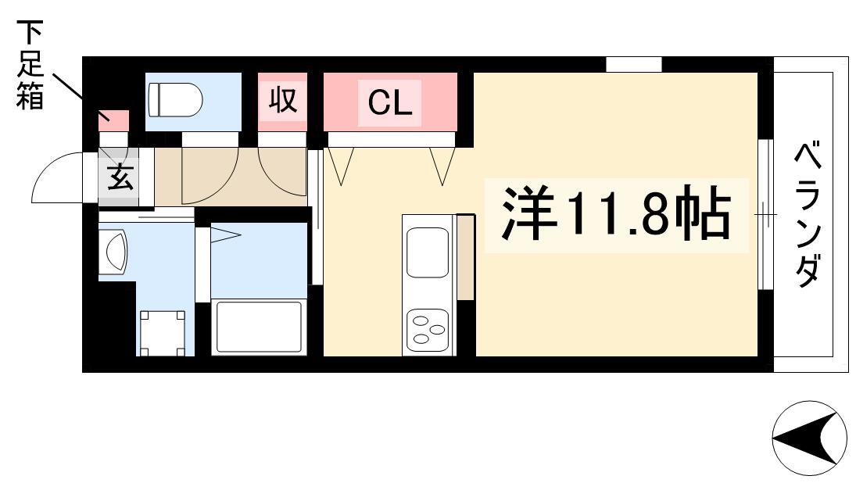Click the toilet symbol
175,100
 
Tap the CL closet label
389,102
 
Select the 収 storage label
282,100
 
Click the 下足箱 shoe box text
30,65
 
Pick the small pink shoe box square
113,121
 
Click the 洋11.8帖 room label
616,213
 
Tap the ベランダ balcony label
808,214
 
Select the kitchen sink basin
428,252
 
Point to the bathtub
260,327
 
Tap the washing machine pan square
162,333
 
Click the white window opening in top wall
634,64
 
